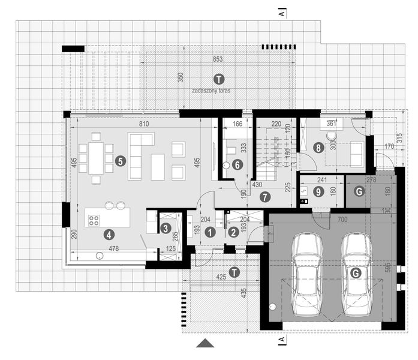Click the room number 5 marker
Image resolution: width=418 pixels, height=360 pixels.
click(x=120, y=161)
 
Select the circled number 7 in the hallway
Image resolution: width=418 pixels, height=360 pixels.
click(x=266, y=196)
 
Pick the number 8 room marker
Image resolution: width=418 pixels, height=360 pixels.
click(x=318, y=146)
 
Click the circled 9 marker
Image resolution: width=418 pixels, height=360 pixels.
click(x=318, y=191)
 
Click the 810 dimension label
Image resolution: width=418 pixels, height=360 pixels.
click(x=143, y=123)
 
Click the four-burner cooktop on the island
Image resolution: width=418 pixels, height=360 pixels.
click(x=95, y=220)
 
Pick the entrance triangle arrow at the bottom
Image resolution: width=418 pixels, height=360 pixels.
click(x=205, y=343)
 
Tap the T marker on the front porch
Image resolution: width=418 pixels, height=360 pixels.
click(x=234, y=272)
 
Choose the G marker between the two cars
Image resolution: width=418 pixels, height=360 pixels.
click(x=356, y=273)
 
